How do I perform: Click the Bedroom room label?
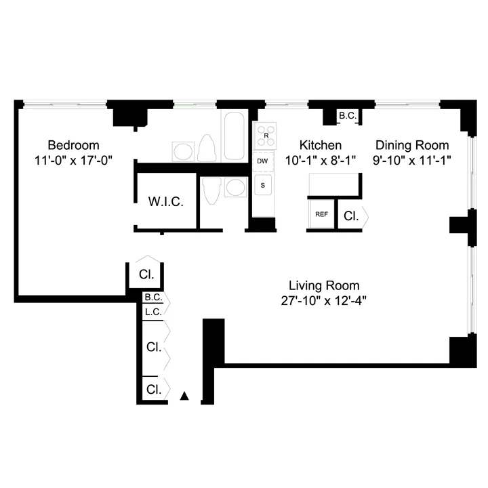pyautogui.click(x=73, y=145)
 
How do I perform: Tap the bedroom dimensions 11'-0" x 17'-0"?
pyautogui.click(x=73, y=161)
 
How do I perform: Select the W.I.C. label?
pyautogui.click(x=167, y=201)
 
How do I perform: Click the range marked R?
pyautogui.click(x=266, y=136)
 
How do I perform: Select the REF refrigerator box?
pyautogui.click(x=322, y=214)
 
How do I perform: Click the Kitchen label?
pyautogui.click(x=321, y=145)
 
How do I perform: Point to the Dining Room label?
pyautogui.click(x=412, y=145)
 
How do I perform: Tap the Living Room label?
pyautogui.click(x=324, y=285)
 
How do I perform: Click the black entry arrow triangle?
pyautogui.click(x=184, y=396)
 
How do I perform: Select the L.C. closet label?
pyautogui.click(x=152, y=312)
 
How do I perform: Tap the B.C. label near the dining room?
pyautogui.click(x=348, y=117)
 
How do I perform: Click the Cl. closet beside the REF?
pyautogui.click(x=351, y=216)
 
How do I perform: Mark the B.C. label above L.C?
pyautogui.click(x=152, y=298)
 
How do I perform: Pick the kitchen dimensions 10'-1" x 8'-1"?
pyautogui.click(x=321, y=161)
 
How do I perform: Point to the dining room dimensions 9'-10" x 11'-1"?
pyautogui.click(x=413, y=161)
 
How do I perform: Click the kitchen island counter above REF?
pyautogui.click(x=333, y=184)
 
